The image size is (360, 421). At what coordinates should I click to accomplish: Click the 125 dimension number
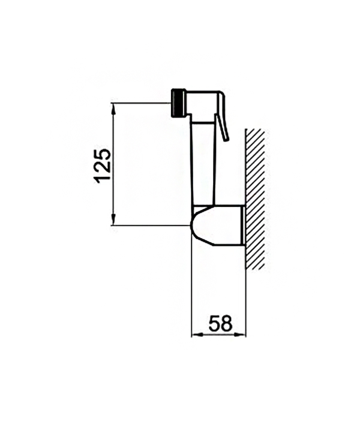103,166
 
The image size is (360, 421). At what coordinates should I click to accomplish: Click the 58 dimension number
220,323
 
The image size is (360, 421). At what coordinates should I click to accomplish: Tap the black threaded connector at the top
178,103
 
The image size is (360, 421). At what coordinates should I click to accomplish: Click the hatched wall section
255,199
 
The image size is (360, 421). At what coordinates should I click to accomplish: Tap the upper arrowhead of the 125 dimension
113,109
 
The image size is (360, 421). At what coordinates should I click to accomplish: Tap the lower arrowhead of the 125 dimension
113,219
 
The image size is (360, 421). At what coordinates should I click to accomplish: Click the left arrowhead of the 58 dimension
197,335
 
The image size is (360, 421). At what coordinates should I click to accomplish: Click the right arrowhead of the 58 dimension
240,335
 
